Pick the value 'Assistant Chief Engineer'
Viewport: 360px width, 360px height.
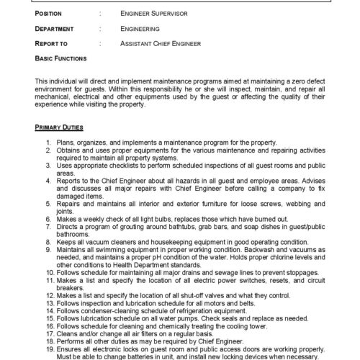coord(161,44)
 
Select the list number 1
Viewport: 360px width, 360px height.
coord(48,144)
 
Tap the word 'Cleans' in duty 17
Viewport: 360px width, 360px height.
coord(67,334)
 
